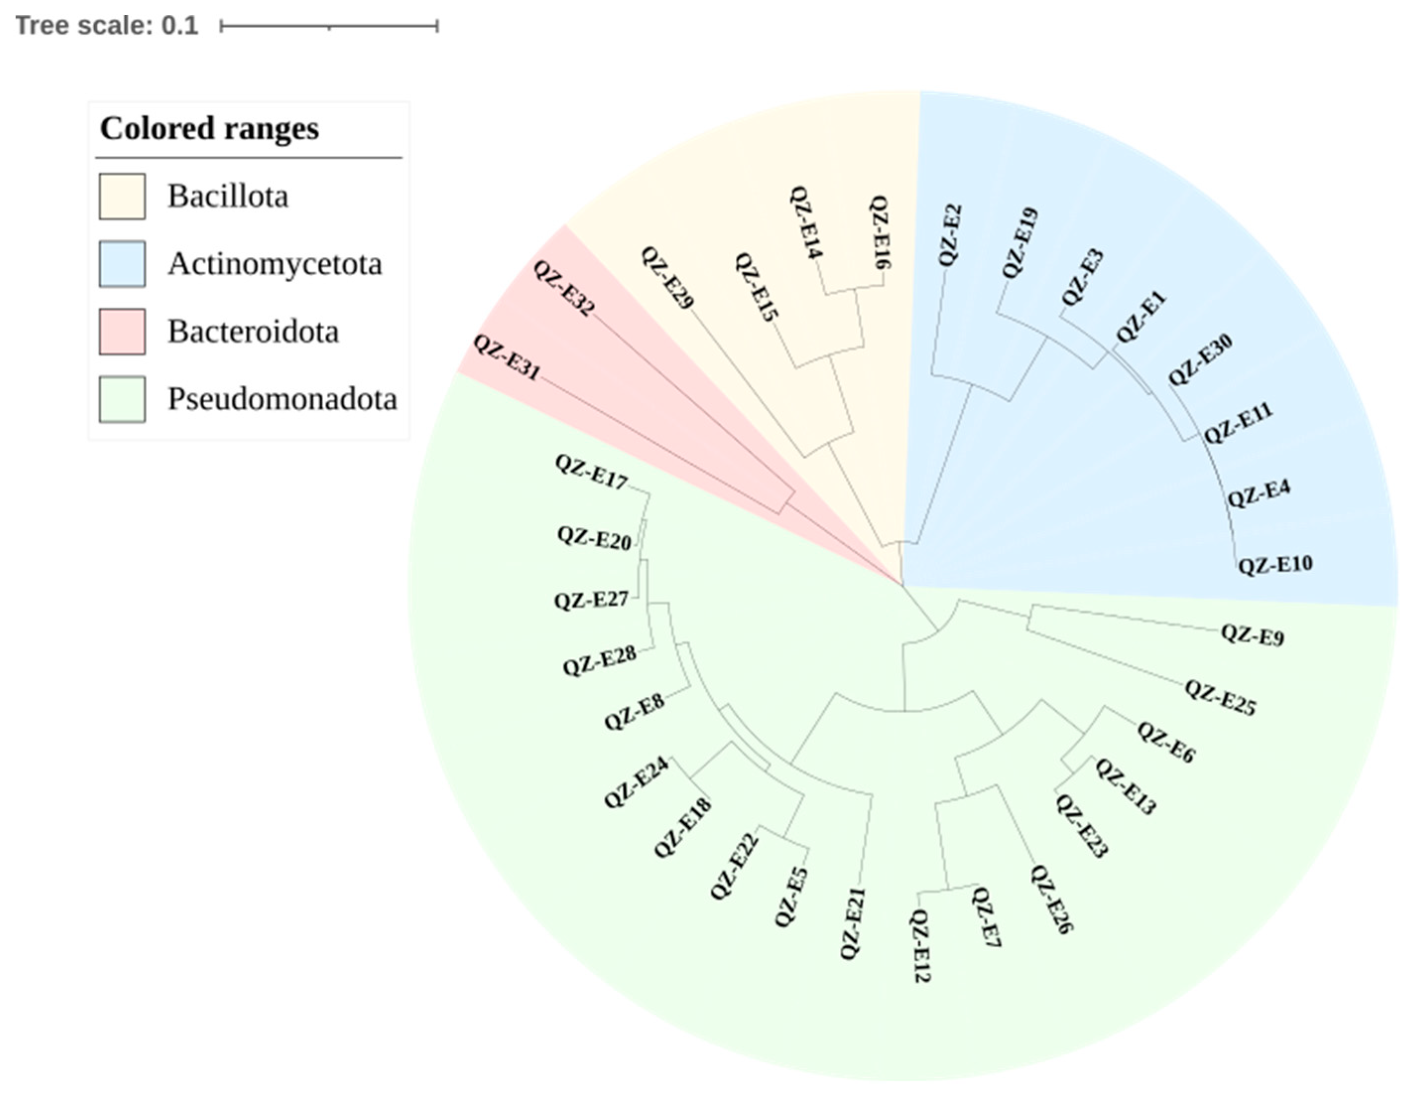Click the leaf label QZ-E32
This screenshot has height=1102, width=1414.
(563, 288)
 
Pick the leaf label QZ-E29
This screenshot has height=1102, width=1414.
(667, 278)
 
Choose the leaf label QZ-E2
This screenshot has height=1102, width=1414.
(950, 235)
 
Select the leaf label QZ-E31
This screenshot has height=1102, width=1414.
(506, 357)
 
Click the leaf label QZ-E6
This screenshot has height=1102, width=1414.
(1166, 742)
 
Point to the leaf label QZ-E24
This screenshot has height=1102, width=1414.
(636, 783)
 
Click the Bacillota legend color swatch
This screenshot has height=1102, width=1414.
(122, 196)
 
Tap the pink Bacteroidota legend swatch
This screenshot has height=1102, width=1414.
(122, 331)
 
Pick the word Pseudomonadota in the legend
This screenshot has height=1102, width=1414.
(282, 399)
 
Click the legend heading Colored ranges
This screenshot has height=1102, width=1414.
(209, 128)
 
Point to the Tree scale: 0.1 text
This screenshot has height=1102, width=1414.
(107, 26)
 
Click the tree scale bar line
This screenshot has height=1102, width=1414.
(329, 26)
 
